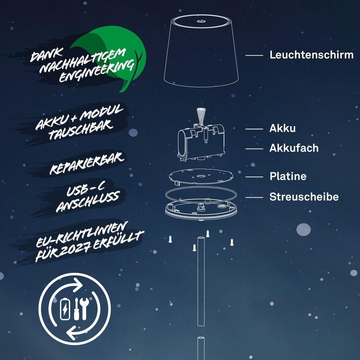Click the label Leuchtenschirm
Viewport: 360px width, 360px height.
(311, 55)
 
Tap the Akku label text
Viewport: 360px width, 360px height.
(282, 128)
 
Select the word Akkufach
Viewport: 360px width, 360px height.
(294, 148)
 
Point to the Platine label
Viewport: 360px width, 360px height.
(288, 176)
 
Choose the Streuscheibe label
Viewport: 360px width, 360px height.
(304, 197)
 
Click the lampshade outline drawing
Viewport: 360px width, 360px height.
(201, 51)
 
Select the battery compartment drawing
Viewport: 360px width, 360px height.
(201, 142)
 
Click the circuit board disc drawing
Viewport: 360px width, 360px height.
(201, 176)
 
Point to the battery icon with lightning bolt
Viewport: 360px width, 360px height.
(65, 309)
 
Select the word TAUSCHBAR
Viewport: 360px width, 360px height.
(81, 130)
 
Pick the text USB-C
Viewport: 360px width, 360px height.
(85, 189)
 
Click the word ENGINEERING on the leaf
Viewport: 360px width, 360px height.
(97, 71)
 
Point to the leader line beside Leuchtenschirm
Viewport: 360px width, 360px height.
(254, 55)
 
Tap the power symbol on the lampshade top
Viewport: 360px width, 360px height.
(201, 21)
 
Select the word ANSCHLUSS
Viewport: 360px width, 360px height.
(88, 202)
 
